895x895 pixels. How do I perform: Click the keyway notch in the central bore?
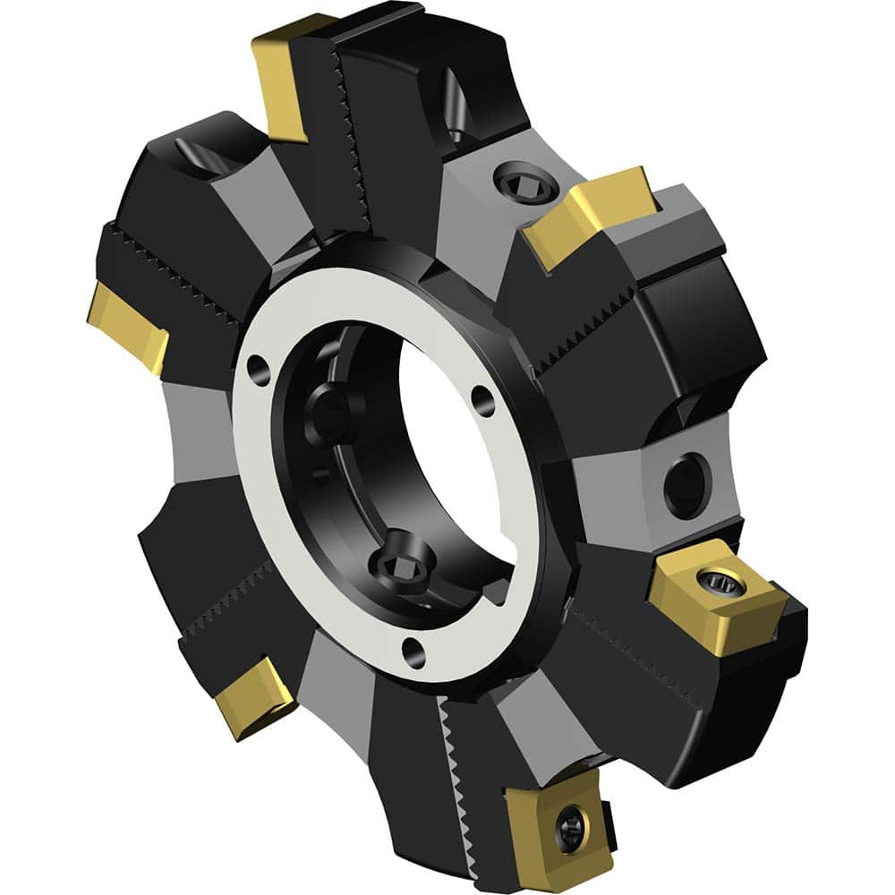[494, 588]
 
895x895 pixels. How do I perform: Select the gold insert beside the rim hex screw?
[591, 215]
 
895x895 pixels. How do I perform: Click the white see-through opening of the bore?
[456, 465]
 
